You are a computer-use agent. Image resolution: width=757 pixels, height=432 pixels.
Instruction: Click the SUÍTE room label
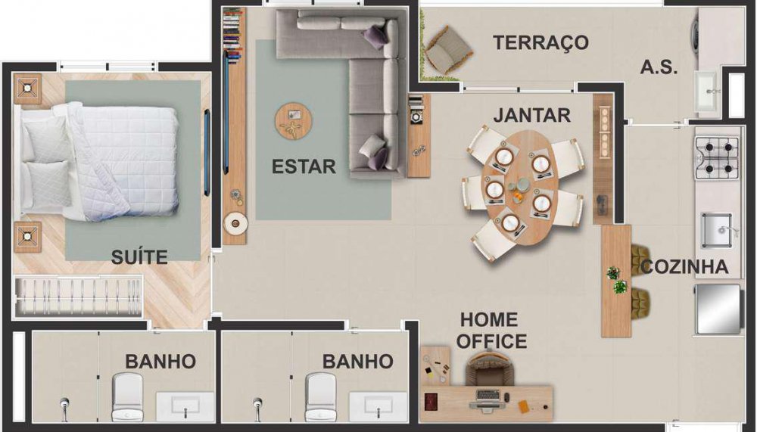pyautogui.click(x=139, y=256)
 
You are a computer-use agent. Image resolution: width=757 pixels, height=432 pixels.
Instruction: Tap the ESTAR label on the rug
pyautogui.click(x=304, y=166)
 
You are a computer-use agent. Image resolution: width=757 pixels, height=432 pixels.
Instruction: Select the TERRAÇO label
pyautogui.click(x=540, y=42)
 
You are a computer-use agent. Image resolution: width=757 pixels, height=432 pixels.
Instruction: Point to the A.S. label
pyautogui.click(x=659, y=67)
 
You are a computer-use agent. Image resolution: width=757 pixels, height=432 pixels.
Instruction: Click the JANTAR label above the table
pyautogui.click(x=532, y=115)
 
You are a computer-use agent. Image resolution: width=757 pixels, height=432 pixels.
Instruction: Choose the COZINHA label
pyautogui.click(x=684, y=266)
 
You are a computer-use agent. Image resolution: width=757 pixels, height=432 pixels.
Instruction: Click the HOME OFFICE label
pyautogui.click(x=491, y=330)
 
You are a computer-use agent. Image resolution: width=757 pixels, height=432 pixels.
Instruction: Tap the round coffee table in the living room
pyautogui.click(x=294, y=121)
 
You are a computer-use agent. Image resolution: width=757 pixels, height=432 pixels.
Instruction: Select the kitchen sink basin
pyautogui.click(x=717, y=230)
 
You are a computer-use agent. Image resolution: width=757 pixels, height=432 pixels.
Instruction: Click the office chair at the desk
pyautogui.click(x=489, y=368)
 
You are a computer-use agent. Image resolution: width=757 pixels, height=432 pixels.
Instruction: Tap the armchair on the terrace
pyautogui.click(x=448, y=50)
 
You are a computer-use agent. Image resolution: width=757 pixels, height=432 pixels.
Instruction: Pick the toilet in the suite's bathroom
pyautogui.click(x=127, y=396)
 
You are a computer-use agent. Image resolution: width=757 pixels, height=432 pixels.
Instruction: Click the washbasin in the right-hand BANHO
pyautogui.click(x=378, y=406)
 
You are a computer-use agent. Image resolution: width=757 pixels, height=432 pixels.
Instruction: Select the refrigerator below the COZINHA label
pyautogui.click(x=718, y=309)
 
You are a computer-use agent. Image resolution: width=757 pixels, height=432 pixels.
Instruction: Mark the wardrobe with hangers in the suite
pyautogui.click(x=78, y=297)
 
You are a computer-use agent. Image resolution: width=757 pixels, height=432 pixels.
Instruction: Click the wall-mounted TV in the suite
pyautogui.click(x=207, y=153)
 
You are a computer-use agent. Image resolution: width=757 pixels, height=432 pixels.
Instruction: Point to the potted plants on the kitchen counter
pyautogui.click(x=616, y=281)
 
